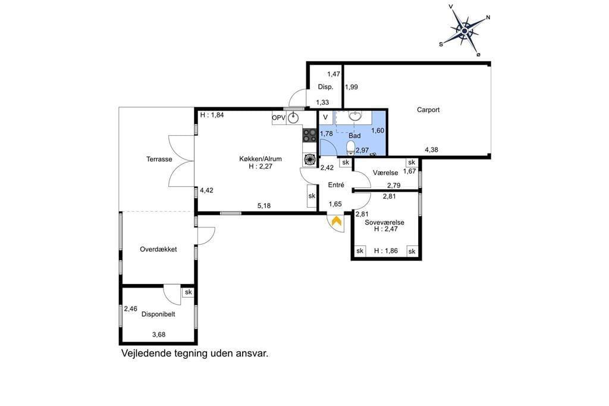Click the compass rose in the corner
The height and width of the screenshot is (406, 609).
point(465,30)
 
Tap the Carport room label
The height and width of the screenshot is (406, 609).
point(428,110)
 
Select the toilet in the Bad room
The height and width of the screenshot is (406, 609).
point(351,148)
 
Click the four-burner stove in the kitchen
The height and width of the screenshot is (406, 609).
point(309,135)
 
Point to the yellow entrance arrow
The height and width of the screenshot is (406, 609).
point(337,221)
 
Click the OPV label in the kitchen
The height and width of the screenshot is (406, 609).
point(278,118)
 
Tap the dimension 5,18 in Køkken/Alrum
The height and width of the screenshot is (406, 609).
point(264,206)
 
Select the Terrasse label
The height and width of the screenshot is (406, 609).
point(159,159)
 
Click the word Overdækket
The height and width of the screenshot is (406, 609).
point(158,249)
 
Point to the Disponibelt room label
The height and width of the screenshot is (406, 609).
point(158,314)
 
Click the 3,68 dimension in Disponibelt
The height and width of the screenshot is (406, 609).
point(159,335)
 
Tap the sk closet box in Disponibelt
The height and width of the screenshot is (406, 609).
point(189,292)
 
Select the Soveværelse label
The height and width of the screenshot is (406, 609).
point(385,223)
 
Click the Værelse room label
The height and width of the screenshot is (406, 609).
point(385,173)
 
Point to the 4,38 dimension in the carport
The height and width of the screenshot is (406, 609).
point(432,150)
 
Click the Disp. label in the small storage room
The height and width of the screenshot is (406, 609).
point(325,87)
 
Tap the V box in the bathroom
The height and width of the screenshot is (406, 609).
point(325,117)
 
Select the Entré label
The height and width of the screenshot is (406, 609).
point(336,185)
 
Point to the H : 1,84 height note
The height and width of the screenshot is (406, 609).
point(212,115)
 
